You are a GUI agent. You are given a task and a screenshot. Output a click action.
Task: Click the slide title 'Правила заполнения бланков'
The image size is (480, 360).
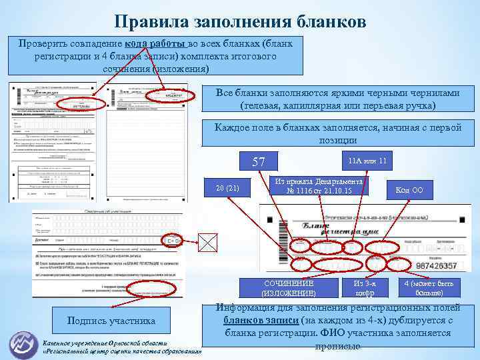[x=240, y=21]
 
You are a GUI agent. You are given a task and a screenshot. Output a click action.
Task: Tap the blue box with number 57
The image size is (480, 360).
[x=259, y=162]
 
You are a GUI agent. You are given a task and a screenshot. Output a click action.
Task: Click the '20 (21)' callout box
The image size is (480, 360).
[x=229, y=188]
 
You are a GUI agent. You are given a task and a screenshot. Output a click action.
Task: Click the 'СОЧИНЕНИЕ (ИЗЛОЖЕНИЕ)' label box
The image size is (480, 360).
[x=289, y=288]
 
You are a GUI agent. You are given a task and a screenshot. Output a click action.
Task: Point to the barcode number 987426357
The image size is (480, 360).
[x=436, y=266]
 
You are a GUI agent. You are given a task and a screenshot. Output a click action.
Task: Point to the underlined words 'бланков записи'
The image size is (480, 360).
[x=257, y=321]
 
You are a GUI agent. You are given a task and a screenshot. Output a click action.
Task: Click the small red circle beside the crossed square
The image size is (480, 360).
[x=173, y=241]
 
